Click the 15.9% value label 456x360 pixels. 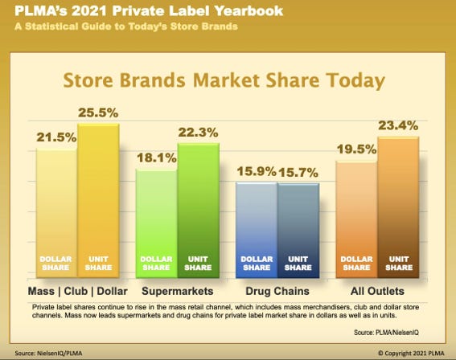(255, 171)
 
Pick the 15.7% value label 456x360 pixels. (298, 171)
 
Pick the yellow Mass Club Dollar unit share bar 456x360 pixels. (98, 201)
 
